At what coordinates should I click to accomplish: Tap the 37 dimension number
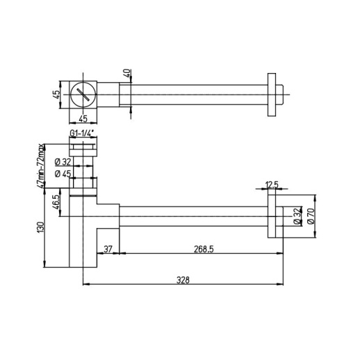(108, 249)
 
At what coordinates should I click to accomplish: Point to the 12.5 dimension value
(272, 186)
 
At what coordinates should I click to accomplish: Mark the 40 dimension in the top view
(126, 73)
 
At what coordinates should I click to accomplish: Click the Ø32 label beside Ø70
(297, 215)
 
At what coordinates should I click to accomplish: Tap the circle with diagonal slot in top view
(83, 92)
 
